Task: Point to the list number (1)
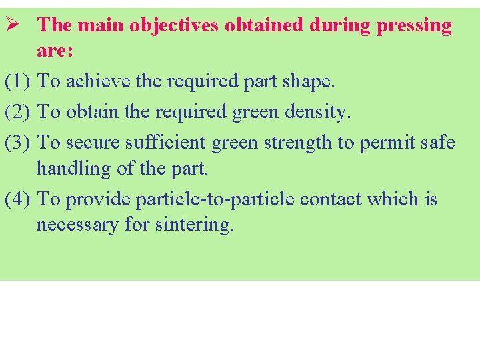pyautogui.click(x=17, y=81)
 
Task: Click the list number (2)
pyautogui.click(x=17, y=111)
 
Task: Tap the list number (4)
pyautogui.click(x=17, y=199)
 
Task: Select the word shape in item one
pyautogui.click(x=309, y=82)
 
